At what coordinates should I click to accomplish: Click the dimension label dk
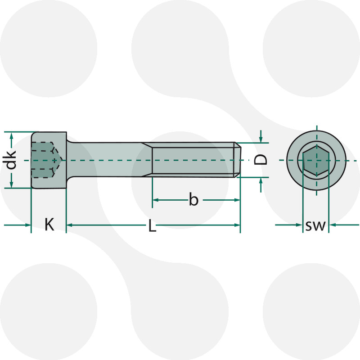tap(11, 160)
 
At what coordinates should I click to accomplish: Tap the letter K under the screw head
tap(49, 224)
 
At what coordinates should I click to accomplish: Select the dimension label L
tap(153, 226)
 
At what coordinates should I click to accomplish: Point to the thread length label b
tap(193, 199)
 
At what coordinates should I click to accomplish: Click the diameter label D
tap(261, 159)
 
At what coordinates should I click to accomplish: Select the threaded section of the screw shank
tap(193, 160)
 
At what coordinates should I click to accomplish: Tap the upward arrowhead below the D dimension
tap(261, 181)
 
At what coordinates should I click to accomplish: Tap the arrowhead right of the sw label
tap(333, 225)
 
